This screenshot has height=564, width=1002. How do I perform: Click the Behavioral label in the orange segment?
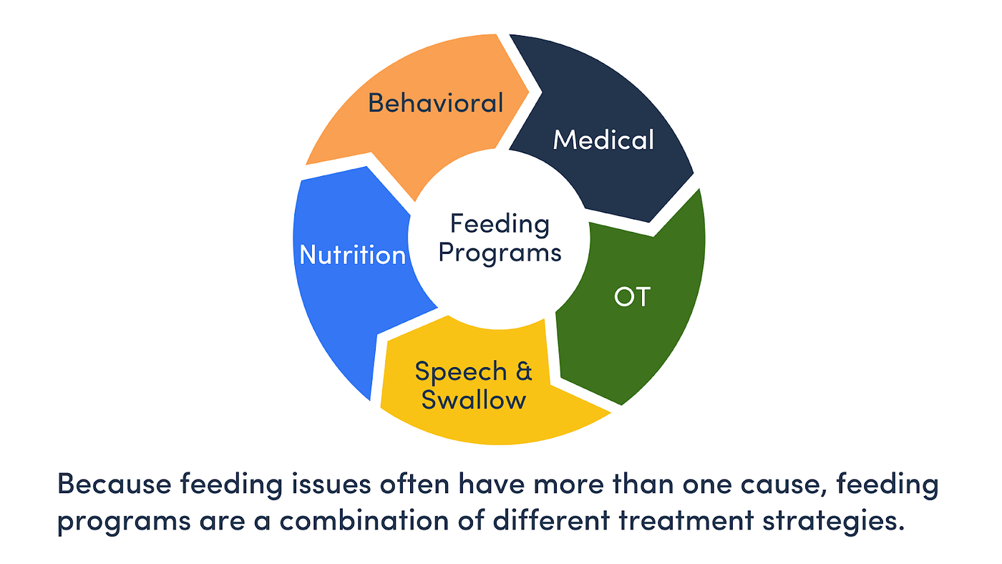[435, 103]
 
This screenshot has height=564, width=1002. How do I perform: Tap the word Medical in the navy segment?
[603, 140]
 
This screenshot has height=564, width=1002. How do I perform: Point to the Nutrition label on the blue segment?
[352, 256]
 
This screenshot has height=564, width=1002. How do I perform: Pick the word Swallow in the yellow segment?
[473, 400]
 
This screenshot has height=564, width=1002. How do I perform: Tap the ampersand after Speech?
[524, 371]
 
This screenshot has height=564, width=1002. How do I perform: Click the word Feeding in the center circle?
[500, 224]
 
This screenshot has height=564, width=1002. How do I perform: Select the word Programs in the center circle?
[500, 253]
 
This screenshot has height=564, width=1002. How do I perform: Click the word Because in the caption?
[115, 485]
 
